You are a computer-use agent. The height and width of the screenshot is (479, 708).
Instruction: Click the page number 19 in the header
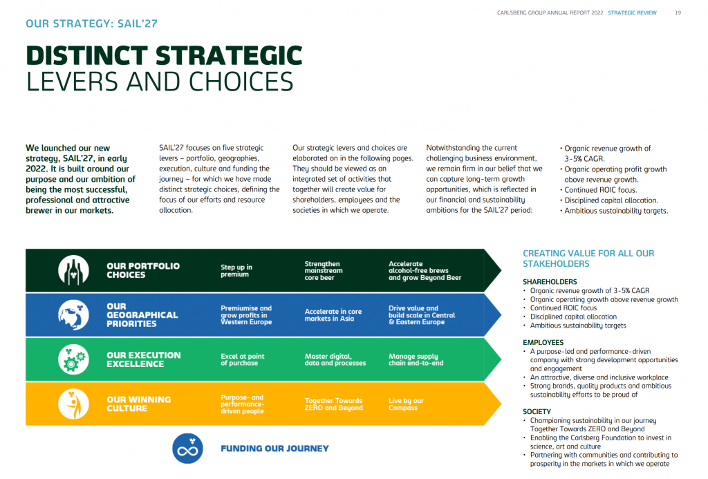coord(678,12)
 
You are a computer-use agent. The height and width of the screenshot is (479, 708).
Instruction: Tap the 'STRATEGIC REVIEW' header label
coord(632,12)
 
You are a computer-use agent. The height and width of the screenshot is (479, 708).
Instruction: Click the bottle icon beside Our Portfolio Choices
coord(73,270)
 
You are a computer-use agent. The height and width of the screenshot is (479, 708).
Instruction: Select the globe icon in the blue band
coord(73,314)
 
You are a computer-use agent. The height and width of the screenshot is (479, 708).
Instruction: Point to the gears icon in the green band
coord(73,359)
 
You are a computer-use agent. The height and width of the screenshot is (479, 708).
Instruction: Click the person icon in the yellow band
coord(73,404)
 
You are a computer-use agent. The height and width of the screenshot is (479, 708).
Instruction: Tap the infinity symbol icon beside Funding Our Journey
coord(187,449)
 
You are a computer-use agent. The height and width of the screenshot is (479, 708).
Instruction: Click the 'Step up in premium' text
coord(236,270)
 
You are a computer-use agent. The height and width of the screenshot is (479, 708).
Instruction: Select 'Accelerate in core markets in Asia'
coord(333,314)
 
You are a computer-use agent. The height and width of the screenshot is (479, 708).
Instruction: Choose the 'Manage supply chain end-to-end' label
coord(416,359)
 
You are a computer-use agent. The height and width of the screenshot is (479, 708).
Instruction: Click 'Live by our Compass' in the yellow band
coord(406,404)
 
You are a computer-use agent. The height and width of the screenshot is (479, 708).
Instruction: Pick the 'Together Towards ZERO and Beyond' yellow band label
coord(334,404)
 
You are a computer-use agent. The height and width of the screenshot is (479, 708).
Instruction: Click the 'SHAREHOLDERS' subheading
coord(550,282)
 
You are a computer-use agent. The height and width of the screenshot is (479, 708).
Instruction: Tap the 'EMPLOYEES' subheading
coord(543,343)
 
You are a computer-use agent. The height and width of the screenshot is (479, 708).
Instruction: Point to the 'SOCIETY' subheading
coord(537,412)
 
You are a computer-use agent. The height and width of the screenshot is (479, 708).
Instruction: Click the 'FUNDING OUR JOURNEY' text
coord(274,449)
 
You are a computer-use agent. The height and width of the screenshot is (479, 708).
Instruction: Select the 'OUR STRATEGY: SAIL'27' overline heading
coord(92,24)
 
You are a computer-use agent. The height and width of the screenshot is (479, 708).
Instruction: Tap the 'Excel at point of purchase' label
coord(243,359)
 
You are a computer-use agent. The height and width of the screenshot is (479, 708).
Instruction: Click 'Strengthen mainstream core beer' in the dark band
coord(324,270)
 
